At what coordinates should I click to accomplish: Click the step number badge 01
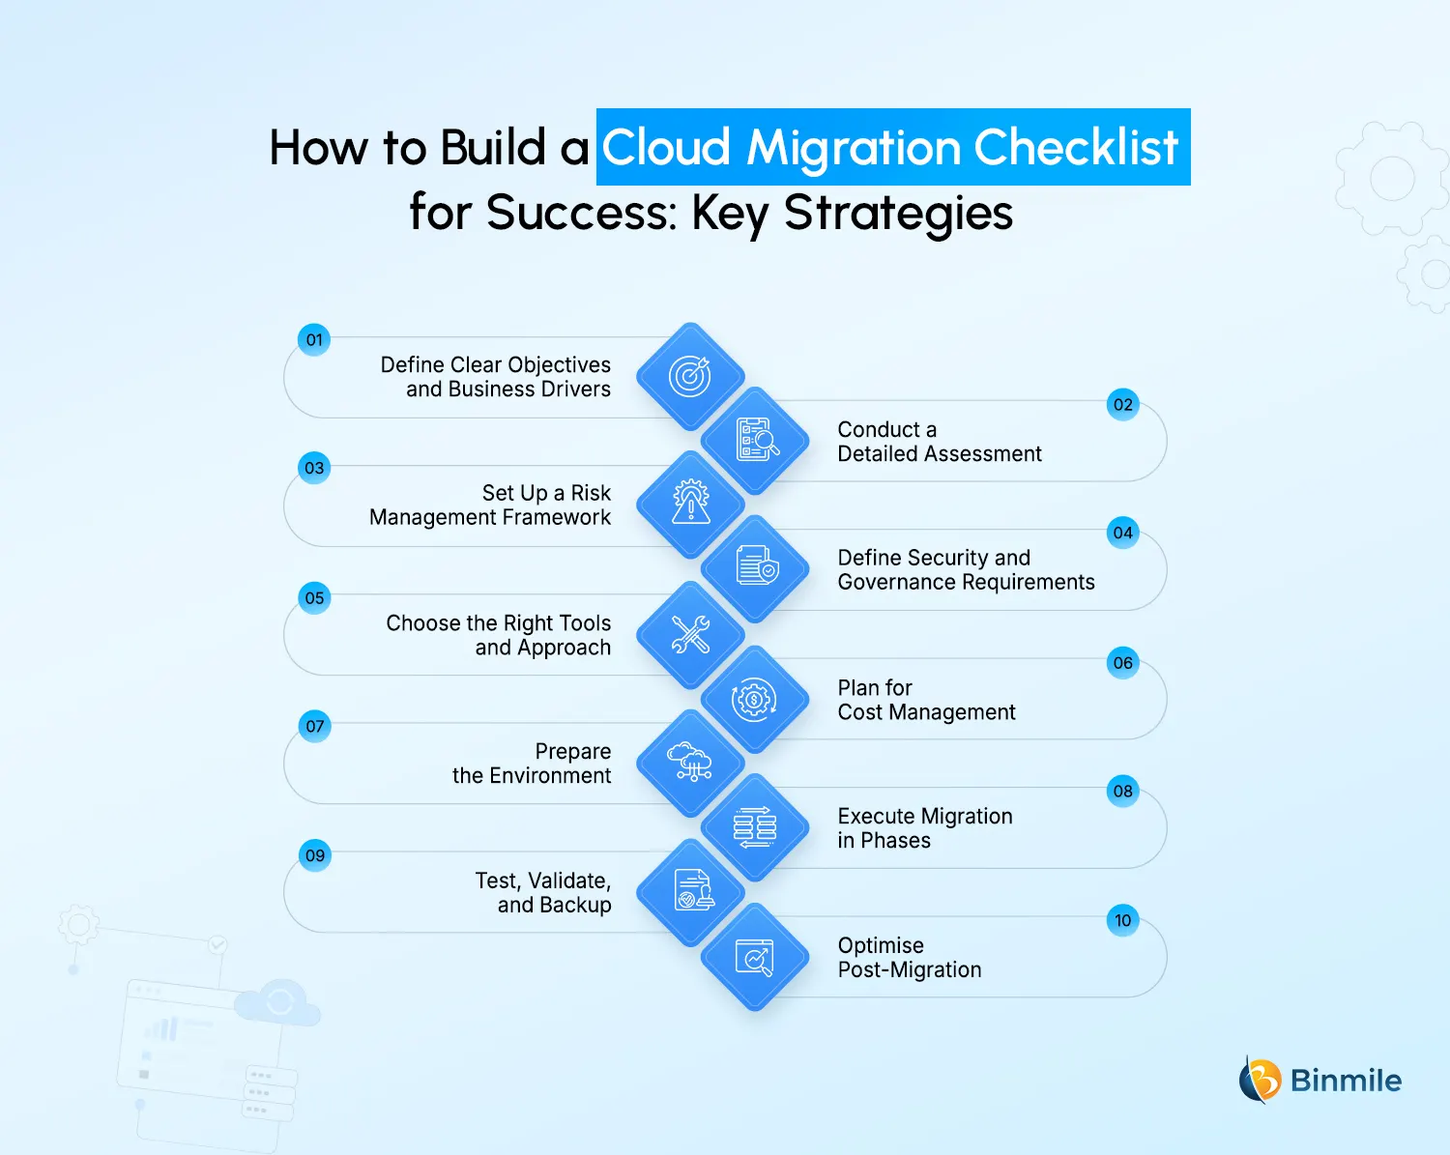[x=314, y=340]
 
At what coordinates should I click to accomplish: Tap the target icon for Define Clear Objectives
[x=690, y=376]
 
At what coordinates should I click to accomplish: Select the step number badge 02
[x=1122, y=405]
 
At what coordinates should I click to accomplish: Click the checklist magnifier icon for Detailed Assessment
[x=756, y=441]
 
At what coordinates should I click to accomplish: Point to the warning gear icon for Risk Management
[x=690, y=504]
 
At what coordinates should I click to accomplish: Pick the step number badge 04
[x=1122, y=533]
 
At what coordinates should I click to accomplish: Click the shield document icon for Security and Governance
[x=756, y=568]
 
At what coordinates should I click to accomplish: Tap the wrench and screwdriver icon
[x=690, y=634]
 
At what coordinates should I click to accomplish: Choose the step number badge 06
[x=1122, y=663]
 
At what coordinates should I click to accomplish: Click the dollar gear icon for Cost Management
[x=754, y=700]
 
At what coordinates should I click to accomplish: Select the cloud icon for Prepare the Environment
[x=690, y=763]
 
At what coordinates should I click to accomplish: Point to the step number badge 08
[x=1122, y=792]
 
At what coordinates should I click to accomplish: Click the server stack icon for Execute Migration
[x=755, y=827]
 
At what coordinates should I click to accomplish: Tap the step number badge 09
[x=314, y=855]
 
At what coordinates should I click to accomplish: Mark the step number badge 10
[x=1122, y=920]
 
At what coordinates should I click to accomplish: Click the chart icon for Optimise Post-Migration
[x=755, y=957]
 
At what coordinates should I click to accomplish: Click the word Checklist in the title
[x=1076, y=148]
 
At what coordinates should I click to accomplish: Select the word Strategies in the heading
[x=898, y=213]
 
